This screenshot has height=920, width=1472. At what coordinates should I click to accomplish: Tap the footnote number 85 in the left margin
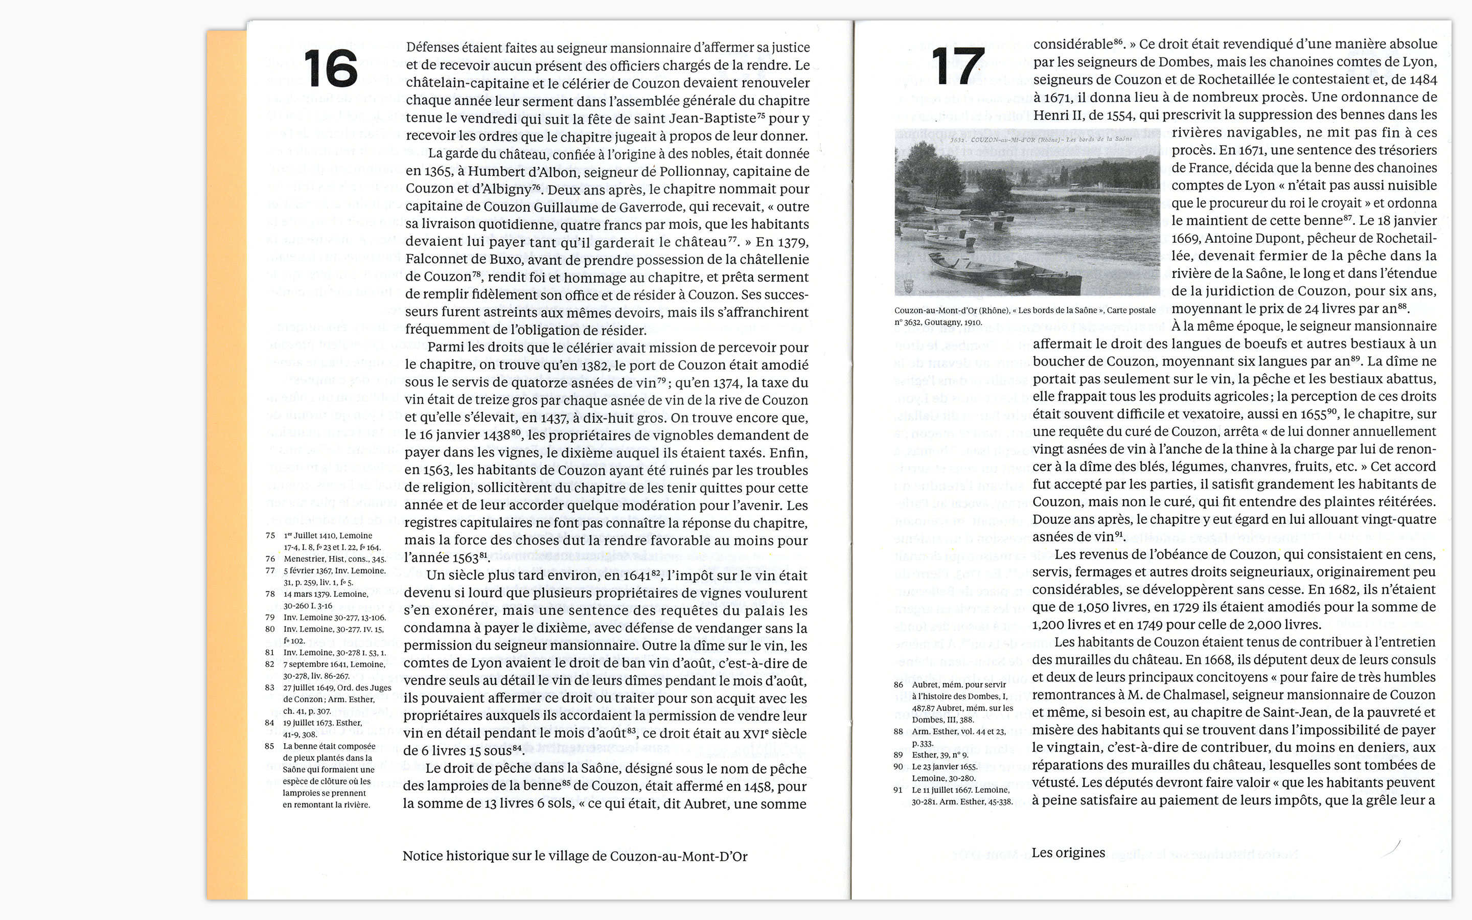point(269,746)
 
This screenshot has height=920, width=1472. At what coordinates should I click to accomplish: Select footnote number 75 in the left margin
point(270,536)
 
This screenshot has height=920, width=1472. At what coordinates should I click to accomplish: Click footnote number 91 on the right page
point(898,790)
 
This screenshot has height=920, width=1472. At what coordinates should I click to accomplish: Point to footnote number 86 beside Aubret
point(899,684)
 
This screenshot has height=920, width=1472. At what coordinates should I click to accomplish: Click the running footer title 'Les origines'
point(1068,853)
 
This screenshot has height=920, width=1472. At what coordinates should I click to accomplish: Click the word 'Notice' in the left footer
point(422,856)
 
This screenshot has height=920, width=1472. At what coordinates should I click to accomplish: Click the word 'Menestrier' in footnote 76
point(304,559)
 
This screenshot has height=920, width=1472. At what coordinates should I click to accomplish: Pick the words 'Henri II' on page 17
point(1057,115)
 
